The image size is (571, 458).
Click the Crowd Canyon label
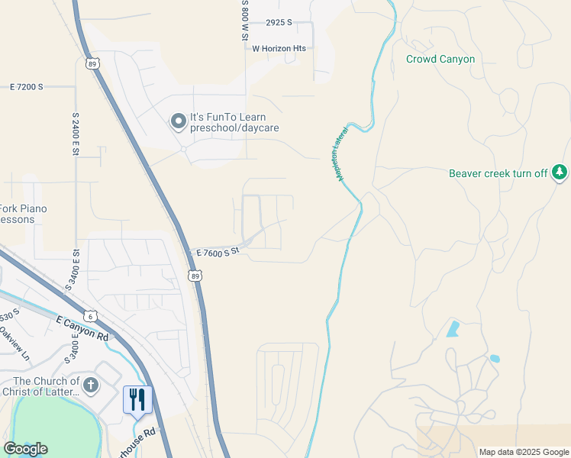[x=440, y=59]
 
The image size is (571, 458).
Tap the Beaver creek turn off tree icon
[x=560, y=173]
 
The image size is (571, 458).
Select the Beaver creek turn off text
[x=498, y=173]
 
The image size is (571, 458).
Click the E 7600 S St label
[x=218, y=251]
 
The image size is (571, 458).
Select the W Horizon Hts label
[x=279, y=48]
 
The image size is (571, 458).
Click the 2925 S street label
[x=279, y=23]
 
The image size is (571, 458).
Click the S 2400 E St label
[x=76, y=135]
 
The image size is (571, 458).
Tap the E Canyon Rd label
[x=82, y=330]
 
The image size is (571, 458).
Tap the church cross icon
[x=90, y=385]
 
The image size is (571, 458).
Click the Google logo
[x=25, y=449]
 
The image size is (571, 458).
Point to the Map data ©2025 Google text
[x=524, y=452]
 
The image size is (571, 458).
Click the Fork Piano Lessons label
[x=23, y=214]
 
